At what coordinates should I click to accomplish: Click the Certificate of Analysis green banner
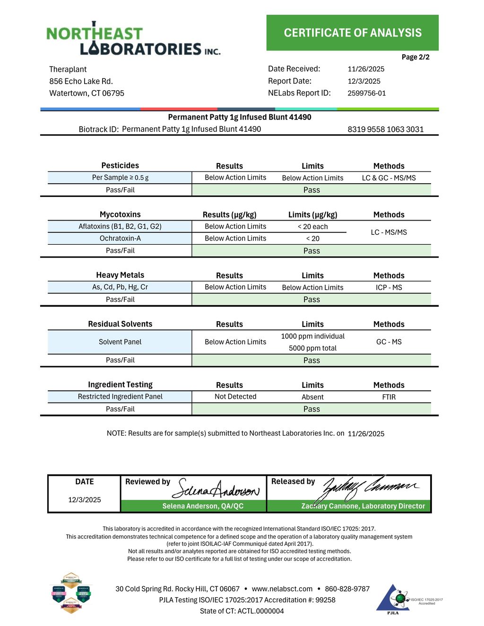(352, 33)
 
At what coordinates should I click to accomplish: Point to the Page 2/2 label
(415, 57)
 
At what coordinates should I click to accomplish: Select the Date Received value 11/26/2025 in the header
(366, 69)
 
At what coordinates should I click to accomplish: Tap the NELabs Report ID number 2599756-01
(366, 94)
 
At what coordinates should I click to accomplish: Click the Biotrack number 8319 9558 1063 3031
(385, 129)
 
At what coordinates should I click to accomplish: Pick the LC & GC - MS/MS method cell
(389, 178)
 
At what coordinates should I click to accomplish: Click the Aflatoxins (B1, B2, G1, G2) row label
(120, 227)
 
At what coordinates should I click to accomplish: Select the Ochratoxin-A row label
(120, 239)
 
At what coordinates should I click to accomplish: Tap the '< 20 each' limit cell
(312, 227)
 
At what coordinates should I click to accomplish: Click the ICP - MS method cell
(389, 288)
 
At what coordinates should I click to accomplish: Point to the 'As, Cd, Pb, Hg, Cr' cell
(120, 287)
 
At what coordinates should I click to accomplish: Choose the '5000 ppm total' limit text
(312, 348)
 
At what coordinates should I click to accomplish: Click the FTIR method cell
(389, 397)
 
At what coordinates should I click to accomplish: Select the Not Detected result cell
(235, 397)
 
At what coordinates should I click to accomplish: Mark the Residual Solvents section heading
(120, 324)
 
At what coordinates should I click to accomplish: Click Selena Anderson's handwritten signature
(216, 489)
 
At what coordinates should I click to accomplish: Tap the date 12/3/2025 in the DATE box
(85, 500)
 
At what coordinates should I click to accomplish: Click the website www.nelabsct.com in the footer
(282, 589)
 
